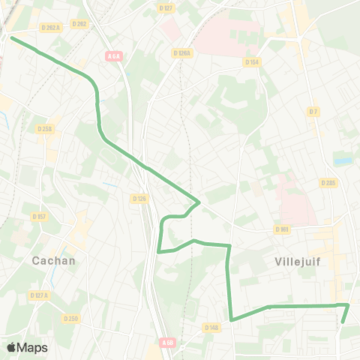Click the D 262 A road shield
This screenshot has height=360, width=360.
click(50, 28)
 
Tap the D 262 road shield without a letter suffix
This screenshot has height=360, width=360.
click(79, 24)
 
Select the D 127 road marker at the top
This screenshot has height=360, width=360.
click(166, 7)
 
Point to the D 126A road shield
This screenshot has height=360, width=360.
click(182, 53)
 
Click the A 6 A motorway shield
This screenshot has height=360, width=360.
click(114, 55)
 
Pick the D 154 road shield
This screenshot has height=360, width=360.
click(252, 62)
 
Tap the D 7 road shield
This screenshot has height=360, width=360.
click(313, 111)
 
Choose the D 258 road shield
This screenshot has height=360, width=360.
click(45, 129)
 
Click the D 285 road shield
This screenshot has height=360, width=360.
click(328, 182)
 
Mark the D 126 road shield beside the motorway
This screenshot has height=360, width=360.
click(139, 199)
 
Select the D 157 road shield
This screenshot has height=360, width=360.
click(40, 216)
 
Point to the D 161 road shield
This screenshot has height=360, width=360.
click(282, 229)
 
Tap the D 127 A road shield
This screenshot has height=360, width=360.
click(40, 295)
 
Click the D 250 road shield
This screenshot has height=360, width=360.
click(70, 318)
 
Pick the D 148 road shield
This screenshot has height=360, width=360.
click(212, 327)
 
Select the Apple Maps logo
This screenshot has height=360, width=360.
click(27, 347)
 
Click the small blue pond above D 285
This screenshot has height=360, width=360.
click(342, 160)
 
